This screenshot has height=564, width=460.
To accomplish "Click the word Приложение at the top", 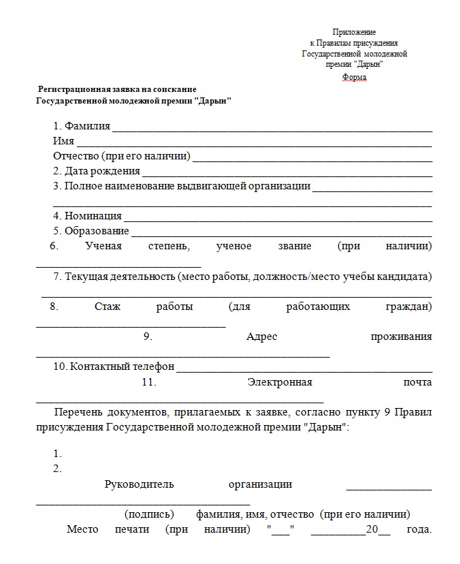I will point(354,32).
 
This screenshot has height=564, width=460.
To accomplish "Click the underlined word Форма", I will point(354,77).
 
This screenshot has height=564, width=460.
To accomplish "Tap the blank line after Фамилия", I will point(272,129).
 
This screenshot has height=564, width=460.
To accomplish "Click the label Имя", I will point(63,141).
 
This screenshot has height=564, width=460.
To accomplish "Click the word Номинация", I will point(93,216).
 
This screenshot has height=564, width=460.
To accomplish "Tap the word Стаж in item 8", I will point(108,307).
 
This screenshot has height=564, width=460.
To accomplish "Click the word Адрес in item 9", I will point(261,337).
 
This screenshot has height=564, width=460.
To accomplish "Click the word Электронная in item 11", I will point(280,382).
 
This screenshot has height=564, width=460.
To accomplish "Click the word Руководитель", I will point(139,484).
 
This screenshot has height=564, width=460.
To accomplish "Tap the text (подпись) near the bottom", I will point(149,514).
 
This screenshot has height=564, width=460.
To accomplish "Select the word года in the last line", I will point(418,529).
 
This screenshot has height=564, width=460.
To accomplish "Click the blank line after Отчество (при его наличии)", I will point(312,158).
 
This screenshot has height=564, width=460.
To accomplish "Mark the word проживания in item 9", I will point(401,337).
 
